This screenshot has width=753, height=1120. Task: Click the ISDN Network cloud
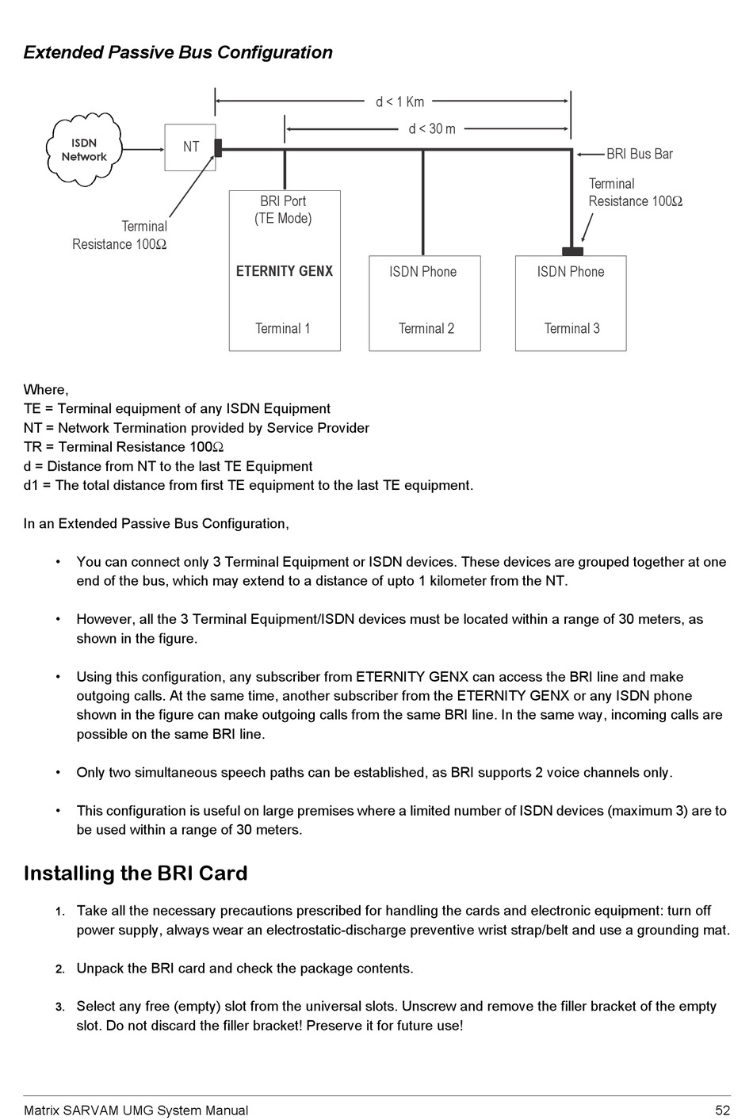point(84,149)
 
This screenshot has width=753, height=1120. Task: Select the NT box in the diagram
point(190,147)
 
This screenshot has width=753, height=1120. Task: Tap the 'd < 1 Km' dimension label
point(399,101)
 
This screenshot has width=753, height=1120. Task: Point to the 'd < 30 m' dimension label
point(432,128)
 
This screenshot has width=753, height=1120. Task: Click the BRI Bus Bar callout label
point(639,154)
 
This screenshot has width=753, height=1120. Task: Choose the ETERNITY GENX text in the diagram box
point(285,271)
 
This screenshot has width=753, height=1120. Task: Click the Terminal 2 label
point(426,328)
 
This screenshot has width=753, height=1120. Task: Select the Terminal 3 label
point(571,328)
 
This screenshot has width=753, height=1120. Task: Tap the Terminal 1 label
point(283,328)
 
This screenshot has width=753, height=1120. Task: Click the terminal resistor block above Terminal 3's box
point(572,251)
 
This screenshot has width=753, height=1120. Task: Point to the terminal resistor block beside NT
point(218,147)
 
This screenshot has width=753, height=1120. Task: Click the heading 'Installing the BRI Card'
point(136,873)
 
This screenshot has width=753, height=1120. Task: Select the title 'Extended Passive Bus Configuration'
point(178,52)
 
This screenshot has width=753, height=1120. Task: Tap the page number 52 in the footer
point(721,1110)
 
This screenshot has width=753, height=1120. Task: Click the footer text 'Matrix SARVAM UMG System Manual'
point(136,1110)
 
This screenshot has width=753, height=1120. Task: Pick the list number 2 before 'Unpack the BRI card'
point(60,969)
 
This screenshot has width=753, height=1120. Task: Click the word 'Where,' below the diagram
point(46,389)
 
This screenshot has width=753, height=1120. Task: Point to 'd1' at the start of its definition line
point(32,485)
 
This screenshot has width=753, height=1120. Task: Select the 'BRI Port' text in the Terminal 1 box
point(283,201)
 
